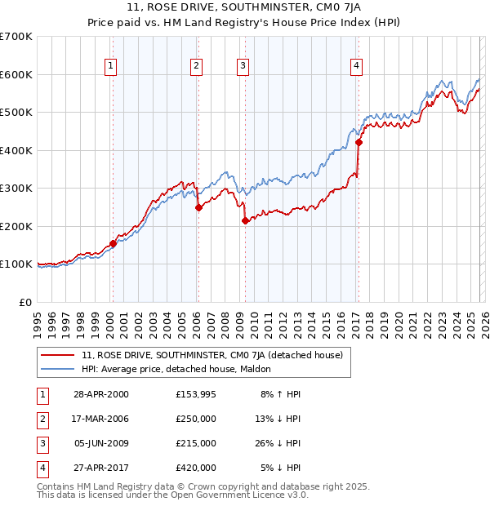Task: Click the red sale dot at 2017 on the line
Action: [359, 143]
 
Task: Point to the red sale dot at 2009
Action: [245, 220]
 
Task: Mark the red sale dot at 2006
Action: [198, 207]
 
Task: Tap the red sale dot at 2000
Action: [113, 243]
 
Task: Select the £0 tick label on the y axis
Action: [24, 302]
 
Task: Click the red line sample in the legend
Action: [58, 355]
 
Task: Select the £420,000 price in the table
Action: [196, 468]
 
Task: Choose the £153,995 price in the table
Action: [196, 394]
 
